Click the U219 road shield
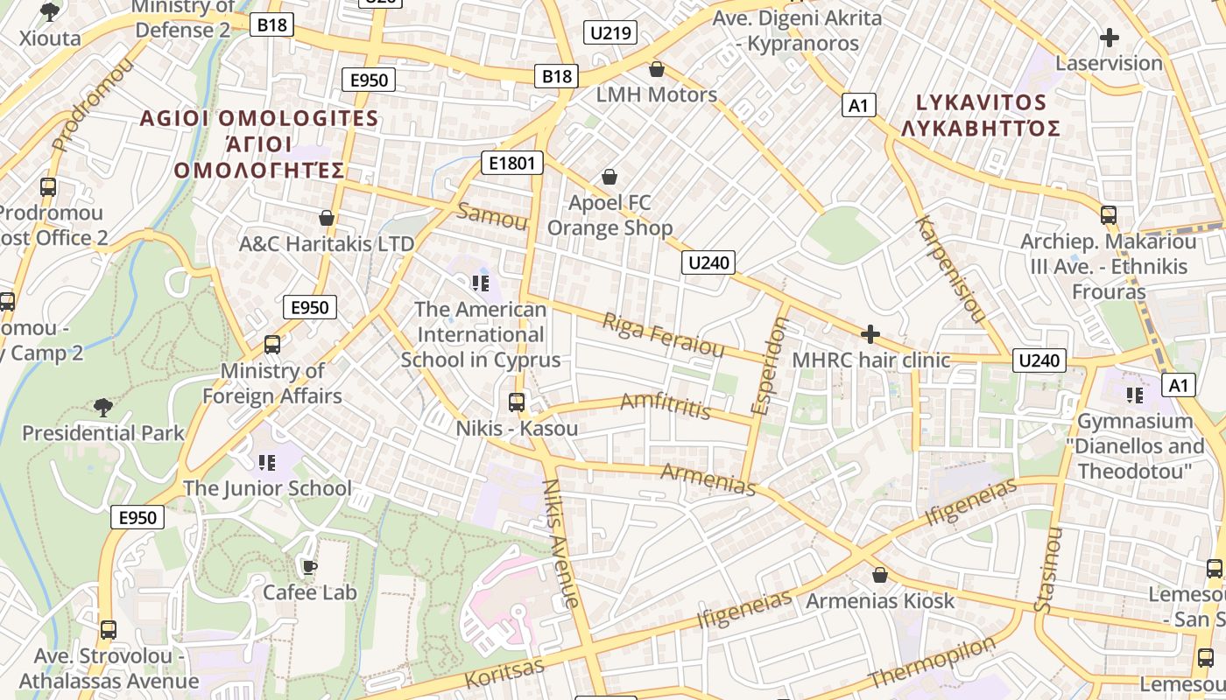610,33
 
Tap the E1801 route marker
512,163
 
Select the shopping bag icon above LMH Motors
656,69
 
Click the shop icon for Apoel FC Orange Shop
609,178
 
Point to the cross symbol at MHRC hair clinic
870,334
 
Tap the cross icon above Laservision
1109,38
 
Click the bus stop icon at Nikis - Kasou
517,402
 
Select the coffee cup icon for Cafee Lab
309,567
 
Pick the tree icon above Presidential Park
102,407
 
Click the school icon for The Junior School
267,462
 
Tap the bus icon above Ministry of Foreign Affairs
272,345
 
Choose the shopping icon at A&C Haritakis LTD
327,218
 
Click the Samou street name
492,216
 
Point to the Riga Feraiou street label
663,335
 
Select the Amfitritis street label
666,405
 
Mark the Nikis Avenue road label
561,542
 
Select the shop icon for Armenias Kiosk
879,575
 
